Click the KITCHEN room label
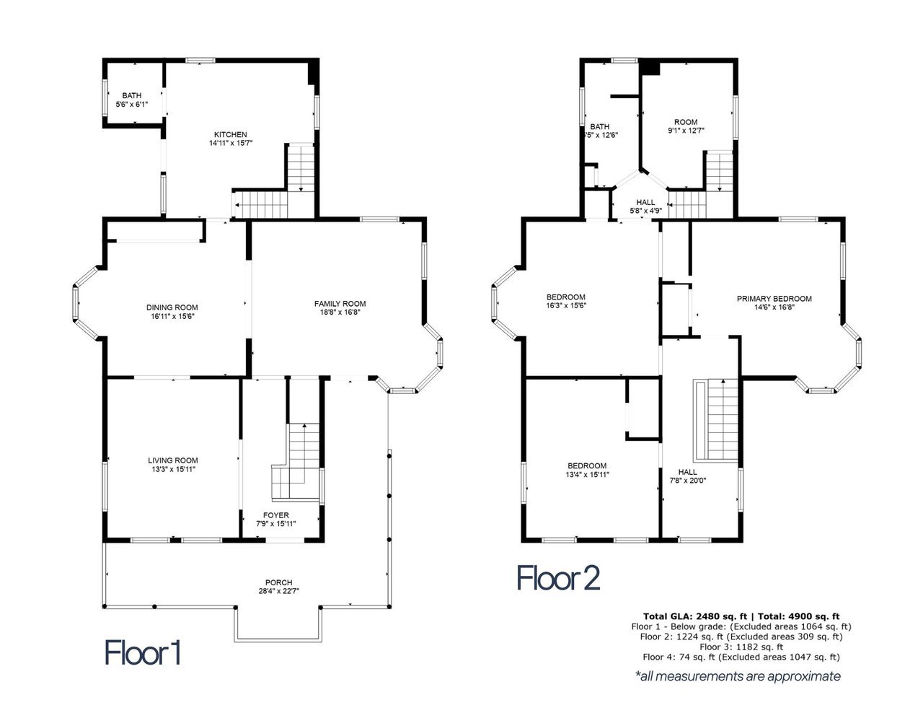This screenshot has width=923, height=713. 230,135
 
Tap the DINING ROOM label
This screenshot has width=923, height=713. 172,307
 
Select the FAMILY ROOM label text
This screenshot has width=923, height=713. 340,303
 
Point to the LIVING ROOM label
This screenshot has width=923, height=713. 173,460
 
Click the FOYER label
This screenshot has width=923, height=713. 275,515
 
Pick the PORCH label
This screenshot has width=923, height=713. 278,582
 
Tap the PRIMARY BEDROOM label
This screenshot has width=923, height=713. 774,299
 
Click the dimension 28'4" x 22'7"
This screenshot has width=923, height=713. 278,590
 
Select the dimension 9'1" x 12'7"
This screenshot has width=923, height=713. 686,131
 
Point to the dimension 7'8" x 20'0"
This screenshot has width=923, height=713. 688,480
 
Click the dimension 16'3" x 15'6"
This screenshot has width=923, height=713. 566,305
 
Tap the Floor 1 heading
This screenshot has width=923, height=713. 143,653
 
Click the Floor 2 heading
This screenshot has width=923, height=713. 558,578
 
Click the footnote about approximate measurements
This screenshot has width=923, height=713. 738,676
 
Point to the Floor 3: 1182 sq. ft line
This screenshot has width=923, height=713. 741,647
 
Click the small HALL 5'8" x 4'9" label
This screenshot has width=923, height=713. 645,206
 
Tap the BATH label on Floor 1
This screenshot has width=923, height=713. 132,95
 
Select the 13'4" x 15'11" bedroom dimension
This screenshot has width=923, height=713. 587,474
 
